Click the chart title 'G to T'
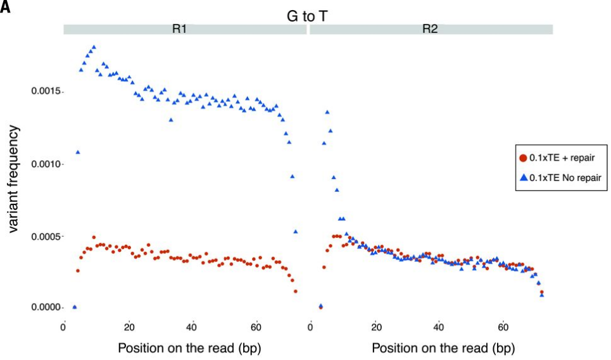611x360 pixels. [x=306, y=16]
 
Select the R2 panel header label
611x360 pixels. [x=430, y=29]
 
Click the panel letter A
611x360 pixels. [x=6, y=8]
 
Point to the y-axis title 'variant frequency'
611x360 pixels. [x=13, y=179]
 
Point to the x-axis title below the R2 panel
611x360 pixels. [x=443, y=347]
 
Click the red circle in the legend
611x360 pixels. [x=523, y=158]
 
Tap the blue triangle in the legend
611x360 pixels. [x=523, y=180]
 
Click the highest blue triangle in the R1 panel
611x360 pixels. [x=94, y=47]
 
